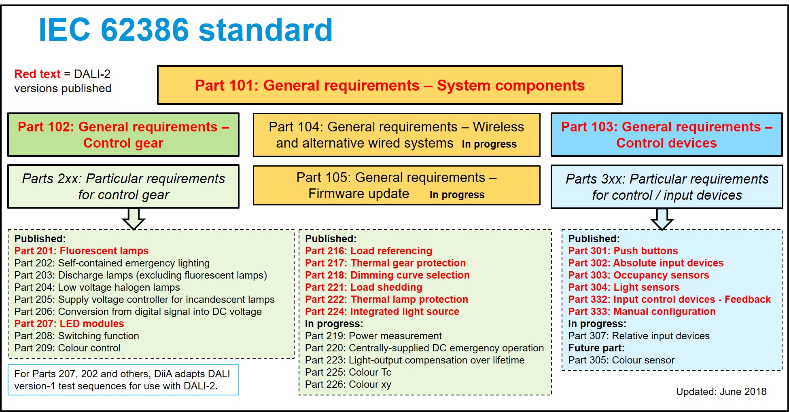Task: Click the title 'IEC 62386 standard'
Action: (186, 30)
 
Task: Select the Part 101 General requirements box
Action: (390, 85)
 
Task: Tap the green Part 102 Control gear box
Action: (123, 135)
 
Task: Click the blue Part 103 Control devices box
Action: (666, 135)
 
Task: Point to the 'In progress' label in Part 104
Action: (489, 144)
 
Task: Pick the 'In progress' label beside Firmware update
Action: (457, 195)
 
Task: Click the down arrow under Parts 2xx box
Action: (134, 219)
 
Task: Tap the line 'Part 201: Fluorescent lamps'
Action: (81, 251)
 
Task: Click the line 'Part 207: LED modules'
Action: (69, 323)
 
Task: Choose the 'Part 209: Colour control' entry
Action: (68, 348)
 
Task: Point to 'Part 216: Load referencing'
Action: (369, 251)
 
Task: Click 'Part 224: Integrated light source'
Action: (382, 311)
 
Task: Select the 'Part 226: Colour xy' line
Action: (348, 384)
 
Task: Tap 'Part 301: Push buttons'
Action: (623, 251)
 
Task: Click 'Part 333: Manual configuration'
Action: (642, 311)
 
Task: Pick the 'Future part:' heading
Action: (596, 348)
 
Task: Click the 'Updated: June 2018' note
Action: (721, 391)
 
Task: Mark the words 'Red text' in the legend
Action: (37, 74)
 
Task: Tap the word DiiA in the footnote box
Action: (163, 374)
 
